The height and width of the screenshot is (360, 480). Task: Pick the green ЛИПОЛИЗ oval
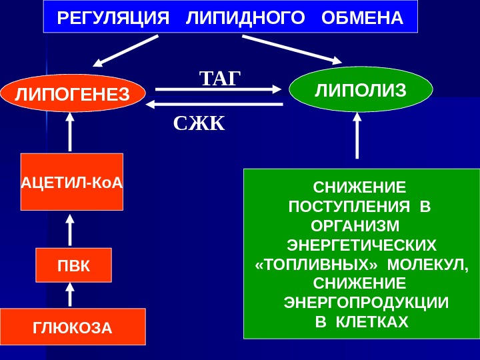(x=361, y=89)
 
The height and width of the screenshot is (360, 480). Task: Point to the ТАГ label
(x=219, y=77)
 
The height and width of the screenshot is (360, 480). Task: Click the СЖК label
(x=200, y=123)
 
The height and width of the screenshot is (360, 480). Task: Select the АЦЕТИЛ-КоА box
(x=72, y=182)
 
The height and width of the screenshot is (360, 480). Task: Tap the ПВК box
(x=73, y=265)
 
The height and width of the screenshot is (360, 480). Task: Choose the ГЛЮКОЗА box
(x=73, y=327)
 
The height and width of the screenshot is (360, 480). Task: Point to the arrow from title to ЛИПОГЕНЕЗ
(x=127, y=51)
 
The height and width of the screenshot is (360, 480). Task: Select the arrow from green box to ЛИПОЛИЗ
(x=358, y=137)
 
